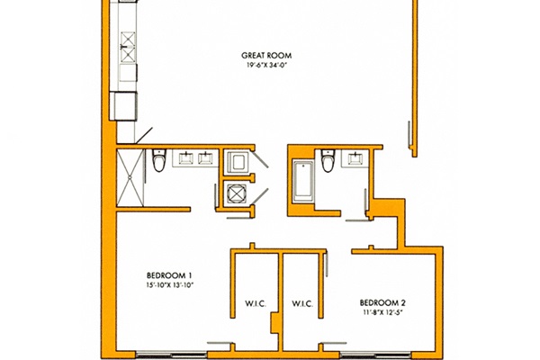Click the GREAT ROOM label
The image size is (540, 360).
pos(266,56)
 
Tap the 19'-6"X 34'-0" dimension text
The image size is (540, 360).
pos(266,65)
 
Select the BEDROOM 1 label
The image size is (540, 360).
pos(169,275)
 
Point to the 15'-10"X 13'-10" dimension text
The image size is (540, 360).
pos(169,285)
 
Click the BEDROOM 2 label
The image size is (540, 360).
pos(382,302)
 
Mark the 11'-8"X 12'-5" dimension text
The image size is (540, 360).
pos(382,312)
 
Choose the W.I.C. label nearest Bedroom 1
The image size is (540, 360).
pos(256,303)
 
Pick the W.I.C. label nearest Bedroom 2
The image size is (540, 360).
pos(302,303)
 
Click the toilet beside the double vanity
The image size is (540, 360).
pos(158,160)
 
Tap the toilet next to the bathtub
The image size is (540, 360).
pos(328,160)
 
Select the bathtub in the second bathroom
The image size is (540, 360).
pos(303,181)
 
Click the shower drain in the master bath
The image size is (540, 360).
pos(130,177)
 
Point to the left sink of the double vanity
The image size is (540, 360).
pos(186,158)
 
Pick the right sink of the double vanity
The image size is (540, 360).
pos(205,158)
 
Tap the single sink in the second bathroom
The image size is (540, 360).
pos(355,158)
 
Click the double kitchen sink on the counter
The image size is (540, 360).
pos(128,47)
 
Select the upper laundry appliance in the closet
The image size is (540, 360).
pos(238,162)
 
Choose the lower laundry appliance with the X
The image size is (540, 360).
pos(237,193)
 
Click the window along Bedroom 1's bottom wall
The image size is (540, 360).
pos(171,355)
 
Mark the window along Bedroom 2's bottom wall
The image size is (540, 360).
pos(375,355)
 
